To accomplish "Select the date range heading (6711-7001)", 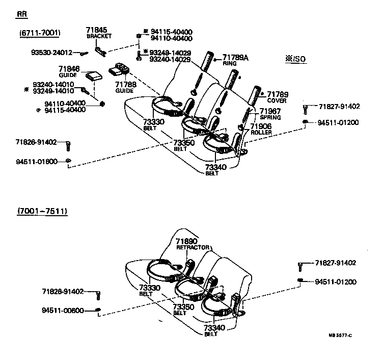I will [40, 33].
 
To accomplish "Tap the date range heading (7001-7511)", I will [42, 210].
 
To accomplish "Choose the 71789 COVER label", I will [278, 97].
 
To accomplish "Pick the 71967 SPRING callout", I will [270, 114].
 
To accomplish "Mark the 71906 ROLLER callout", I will [261, 129].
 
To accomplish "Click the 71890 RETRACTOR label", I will [193, 244].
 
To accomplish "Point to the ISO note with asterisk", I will [295, 60].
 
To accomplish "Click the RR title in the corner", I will [22, 14].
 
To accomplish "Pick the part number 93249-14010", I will [53, 91].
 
